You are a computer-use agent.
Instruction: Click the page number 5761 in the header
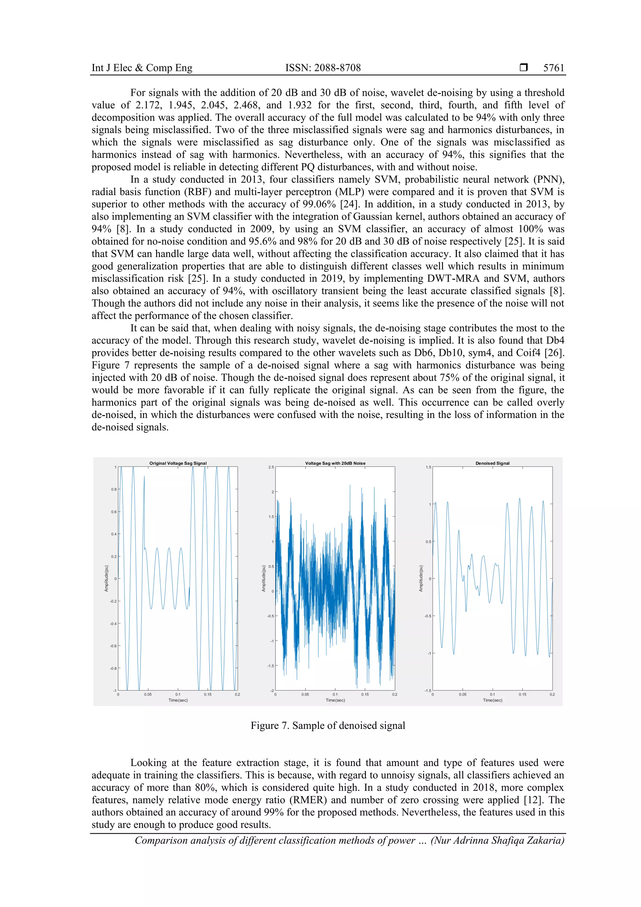click(553, 68)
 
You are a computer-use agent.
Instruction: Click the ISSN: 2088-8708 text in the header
click(323, 68)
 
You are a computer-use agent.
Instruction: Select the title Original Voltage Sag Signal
click(178, 463)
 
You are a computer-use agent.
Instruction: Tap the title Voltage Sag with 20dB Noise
click(335, 463)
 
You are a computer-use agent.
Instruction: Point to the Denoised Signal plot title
click(492, 463)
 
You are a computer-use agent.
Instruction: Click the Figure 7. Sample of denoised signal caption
click(328, 725)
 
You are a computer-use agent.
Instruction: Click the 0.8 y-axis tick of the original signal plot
click(114, 489)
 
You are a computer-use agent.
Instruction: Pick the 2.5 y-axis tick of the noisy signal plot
click(271, 467)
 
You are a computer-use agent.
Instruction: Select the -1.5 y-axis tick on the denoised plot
click(428, 691)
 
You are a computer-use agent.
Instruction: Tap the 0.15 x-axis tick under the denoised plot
click(522, 694)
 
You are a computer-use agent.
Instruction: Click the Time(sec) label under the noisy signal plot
click(335, 700)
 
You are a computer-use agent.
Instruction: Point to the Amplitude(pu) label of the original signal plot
click(106, 578)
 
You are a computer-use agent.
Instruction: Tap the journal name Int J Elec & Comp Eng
click(142, 68)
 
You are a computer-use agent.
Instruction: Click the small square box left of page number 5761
click(523, 68)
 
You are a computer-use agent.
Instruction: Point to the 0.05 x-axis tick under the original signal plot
click(147, 694)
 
